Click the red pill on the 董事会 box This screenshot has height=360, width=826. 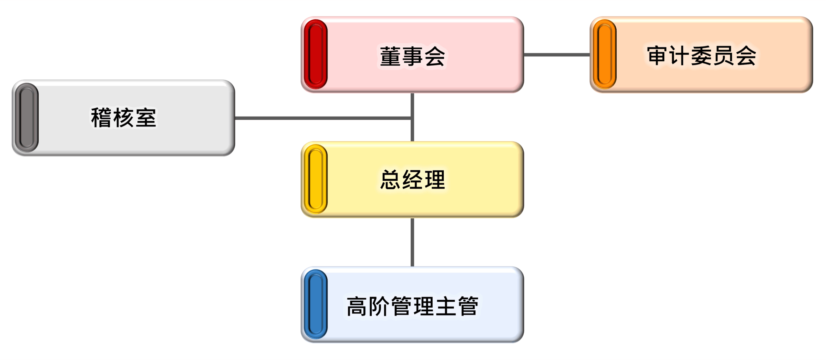tap(316, 54)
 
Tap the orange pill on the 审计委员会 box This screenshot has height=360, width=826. tap(605, 54)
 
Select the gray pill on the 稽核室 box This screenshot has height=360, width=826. tap(26, 117)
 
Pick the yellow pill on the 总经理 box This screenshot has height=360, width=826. tap(316, 179)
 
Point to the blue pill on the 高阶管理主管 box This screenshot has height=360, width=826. tap(316, 304)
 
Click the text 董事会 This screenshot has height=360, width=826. tap(412, 56)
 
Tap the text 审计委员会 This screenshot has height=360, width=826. tap(701, 55)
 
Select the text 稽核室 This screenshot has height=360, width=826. tap(123, 118)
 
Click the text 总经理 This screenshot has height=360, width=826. tap(412, 180)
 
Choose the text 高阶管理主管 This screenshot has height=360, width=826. tap(412, 306)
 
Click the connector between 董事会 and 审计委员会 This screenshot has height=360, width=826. tap(557, 55)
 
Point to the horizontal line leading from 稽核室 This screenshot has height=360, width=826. tap(323, 118)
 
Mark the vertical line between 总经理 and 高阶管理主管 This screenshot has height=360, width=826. tap(412, 242)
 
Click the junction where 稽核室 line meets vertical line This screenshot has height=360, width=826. tap(412, 118)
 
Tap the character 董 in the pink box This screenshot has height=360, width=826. tap(390, 56)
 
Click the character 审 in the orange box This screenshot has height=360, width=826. tap(657, 55)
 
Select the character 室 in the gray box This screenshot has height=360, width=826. tap(146, 118)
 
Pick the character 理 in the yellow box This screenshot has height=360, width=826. tap(435, 180)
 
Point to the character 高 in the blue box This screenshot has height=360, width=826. tap(357, 306)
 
